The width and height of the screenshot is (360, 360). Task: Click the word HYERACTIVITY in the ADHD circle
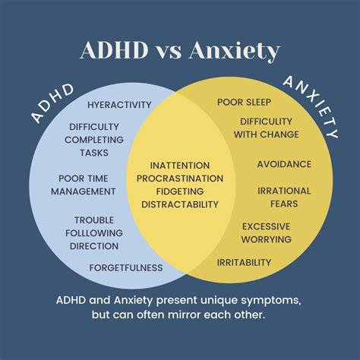[119, 105]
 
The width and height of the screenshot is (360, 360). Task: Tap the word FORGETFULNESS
[126, 268]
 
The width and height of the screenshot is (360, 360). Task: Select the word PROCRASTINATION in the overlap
[180, 178]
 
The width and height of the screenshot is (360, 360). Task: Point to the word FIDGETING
[180, 191]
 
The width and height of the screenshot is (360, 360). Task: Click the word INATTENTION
[180, 166]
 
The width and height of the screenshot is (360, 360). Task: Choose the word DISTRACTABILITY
[180, 204]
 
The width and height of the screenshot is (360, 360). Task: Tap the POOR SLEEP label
[244, 103]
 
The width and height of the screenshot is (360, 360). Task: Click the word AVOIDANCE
[284, 164]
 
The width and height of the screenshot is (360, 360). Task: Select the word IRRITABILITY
[244, 263]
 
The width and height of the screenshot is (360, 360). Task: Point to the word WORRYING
[267, 239]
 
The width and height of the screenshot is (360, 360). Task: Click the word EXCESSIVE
[267, 226]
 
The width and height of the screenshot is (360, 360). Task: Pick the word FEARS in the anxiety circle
[284, 204]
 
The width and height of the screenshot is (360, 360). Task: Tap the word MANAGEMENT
[84, 191]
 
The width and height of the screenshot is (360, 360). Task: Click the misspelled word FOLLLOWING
[94, 233]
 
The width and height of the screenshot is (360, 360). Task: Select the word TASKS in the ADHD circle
[94, 153]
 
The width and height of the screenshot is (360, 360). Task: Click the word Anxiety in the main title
[234, 51]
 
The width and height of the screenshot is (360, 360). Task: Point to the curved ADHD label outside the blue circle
[52, 104]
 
